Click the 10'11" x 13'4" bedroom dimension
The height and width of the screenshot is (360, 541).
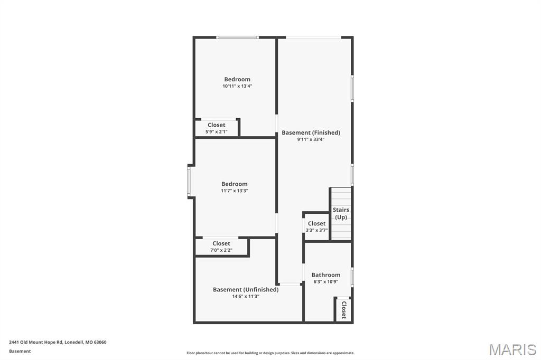point(237,86)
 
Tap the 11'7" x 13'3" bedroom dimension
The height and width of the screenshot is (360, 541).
point(235,191)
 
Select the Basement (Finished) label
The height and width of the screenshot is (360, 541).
point(311,132)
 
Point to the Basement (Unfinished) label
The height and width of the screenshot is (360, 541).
point(246,290)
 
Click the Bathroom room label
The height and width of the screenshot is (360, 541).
point(325,275)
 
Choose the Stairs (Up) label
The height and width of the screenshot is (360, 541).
point(341,213)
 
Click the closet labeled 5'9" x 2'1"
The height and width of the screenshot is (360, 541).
point(216,128)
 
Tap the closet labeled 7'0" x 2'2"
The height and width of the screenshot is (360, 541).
point(221,247)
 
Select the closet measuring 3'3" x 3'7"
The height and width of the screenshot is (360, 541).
point(316,226)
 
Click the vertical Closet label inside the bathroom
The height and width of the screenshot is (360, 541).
point(344,310)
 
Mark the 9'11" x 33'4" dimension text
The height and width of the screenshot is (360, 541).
point(311,140)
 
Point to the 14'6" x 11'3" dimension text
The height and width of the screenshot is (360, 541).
point(246,296)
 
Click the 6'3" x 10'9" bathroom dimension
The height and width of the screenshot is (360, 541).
point(325,282)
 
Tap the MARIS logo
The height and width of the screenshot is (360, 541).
point(512,349)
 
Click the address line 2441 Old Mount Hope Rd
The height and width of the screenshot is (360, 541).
point(58,343)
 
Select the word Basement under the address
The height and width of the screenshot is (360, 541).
point(20,352)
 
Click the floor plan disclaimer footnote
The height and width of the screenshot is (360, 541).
point(270,353)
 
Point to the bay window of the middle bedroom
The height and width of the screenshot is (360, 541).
point(189,182)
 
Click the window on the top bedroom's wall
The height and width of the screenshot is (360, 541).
point(237,37)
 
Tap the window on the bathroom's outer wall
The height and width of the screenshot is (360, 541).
point(352,277)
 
